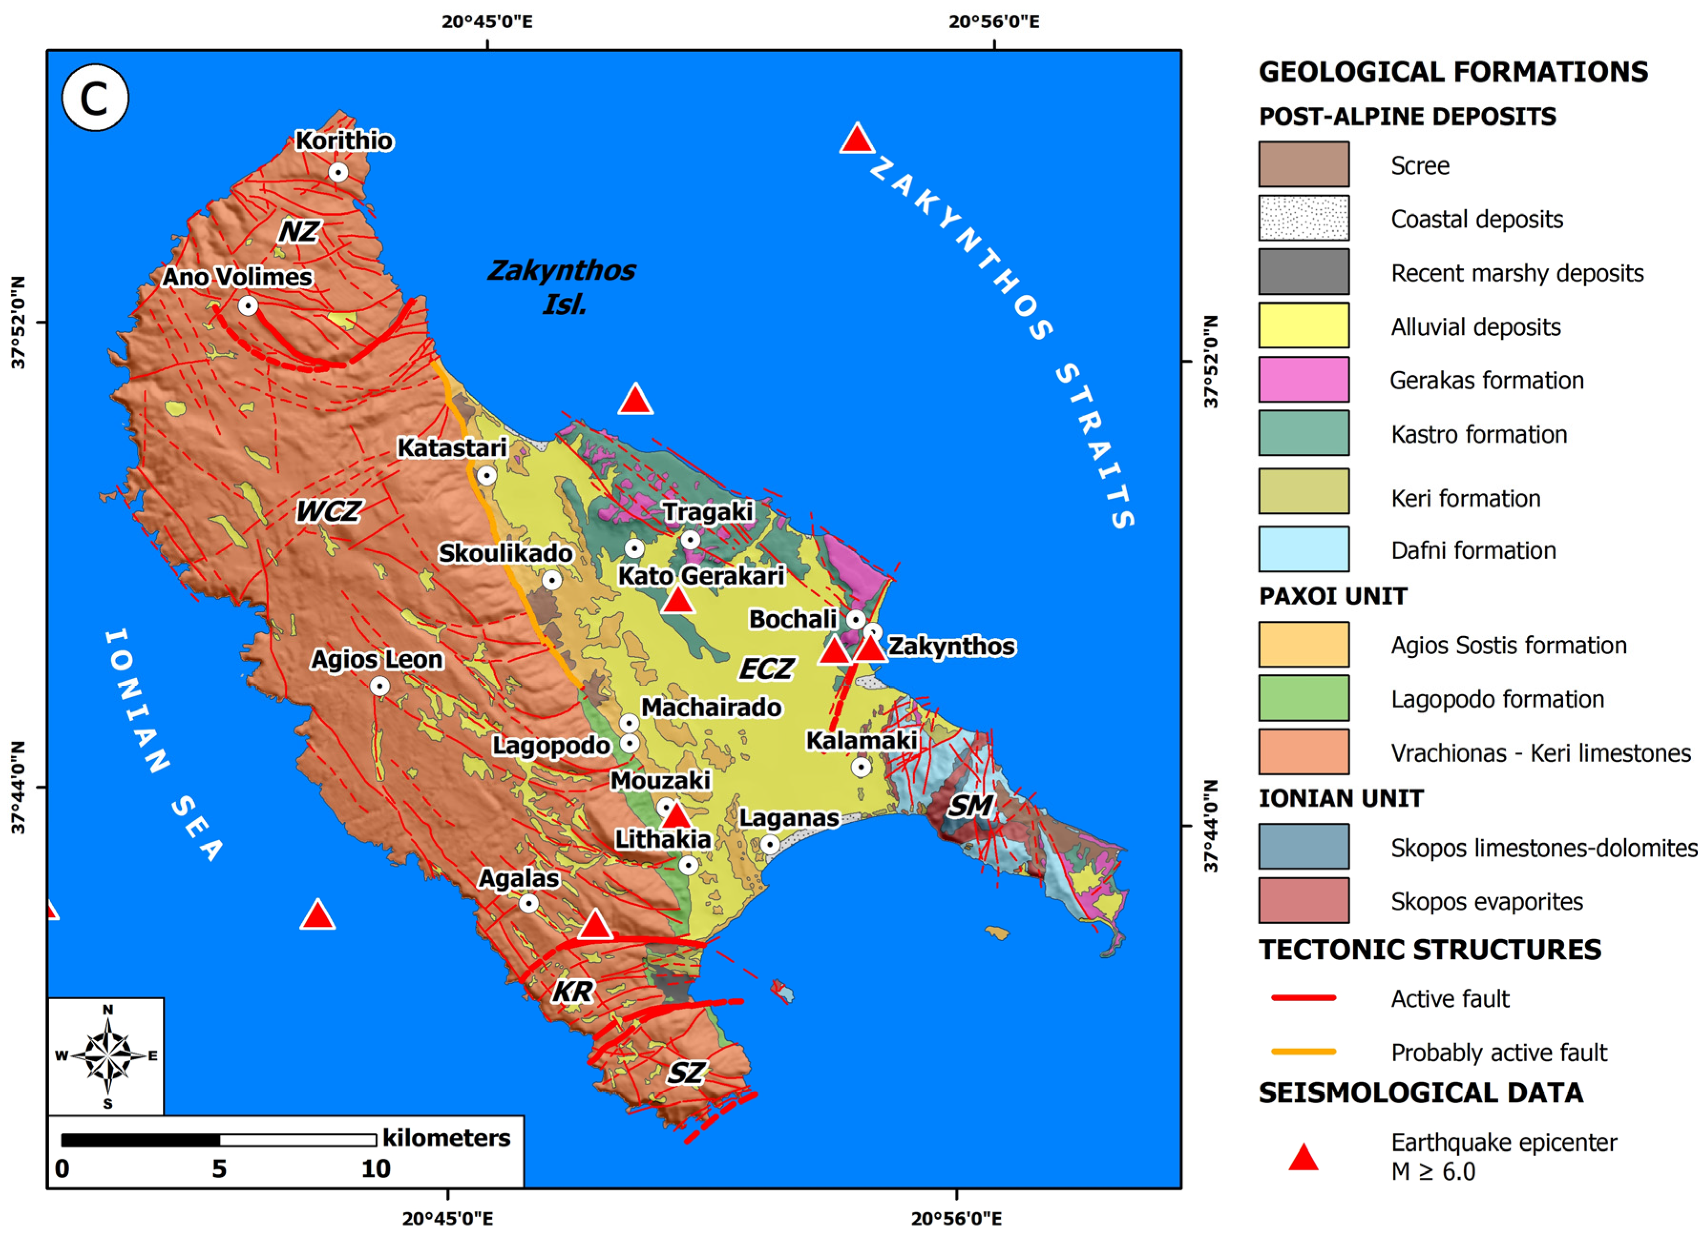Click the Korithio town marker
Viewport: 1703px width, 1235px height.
[x=339, y=172]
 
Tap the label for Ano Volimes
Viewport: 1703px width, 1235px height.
[x=237, y=277]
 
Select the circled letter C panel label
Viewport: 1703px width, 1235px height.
[x=95, y=98]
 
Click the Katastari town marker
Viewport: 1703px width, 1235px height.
[x=487, y=475]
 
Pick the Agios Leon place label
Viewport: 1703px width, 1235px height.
[x=377, y=659]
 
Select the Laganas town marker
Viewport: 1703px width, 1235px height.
[x=770, y=845]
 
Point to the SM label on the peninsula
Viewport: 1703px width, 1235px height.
[x=970, y=806]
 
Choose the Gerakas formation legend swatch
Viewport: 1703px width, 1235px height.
[x=1304, y=380]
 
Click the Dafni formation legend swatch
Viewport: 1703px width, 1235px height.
[x=1304, y=550]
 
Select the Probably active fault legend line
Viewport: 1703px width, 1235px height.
[x=1304, y=1052]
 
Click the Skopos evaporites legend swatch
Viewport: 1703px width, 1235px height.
[x=1304, y=900]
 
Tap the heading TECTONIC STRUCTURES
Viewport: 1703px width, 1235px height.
[x=1430, y=950]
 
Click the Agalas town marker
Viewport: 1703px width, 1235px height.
[x=529, y=903]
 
